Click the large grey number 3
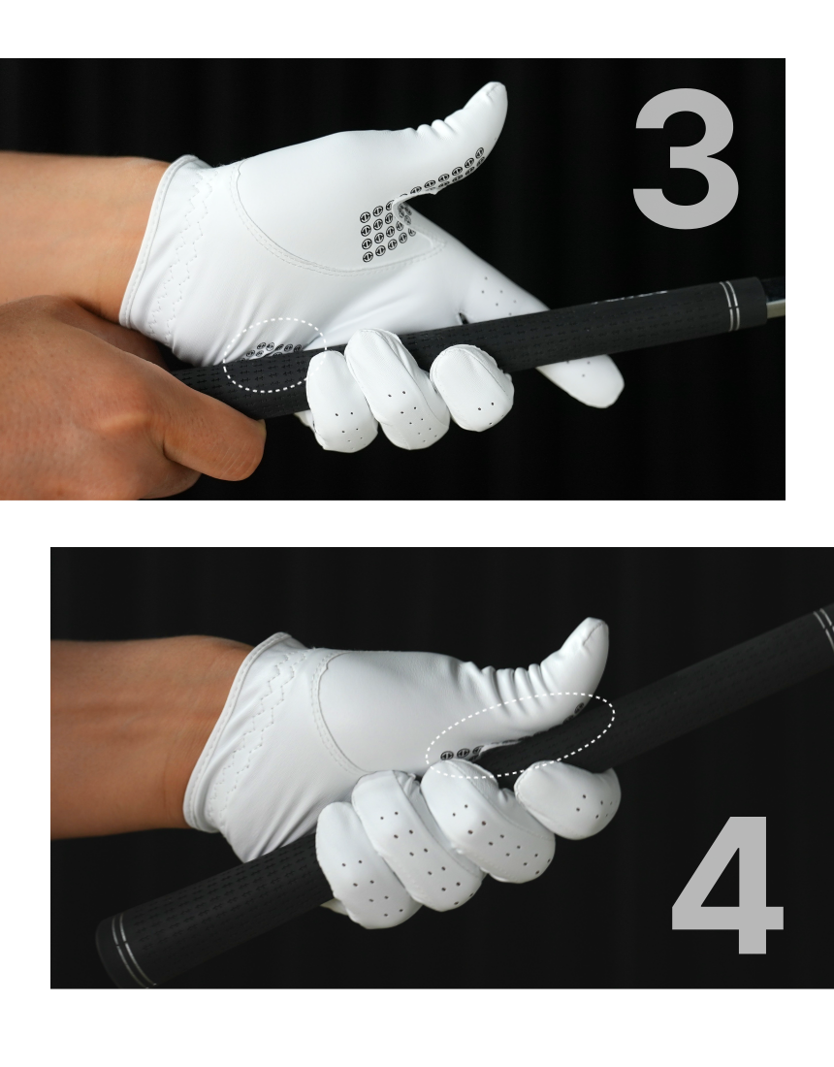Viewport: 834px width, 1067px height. pyautogui.click(x=686, y=158)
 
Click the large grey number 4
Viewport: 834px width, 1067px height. pyautogui.click(x=726, y=885)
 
